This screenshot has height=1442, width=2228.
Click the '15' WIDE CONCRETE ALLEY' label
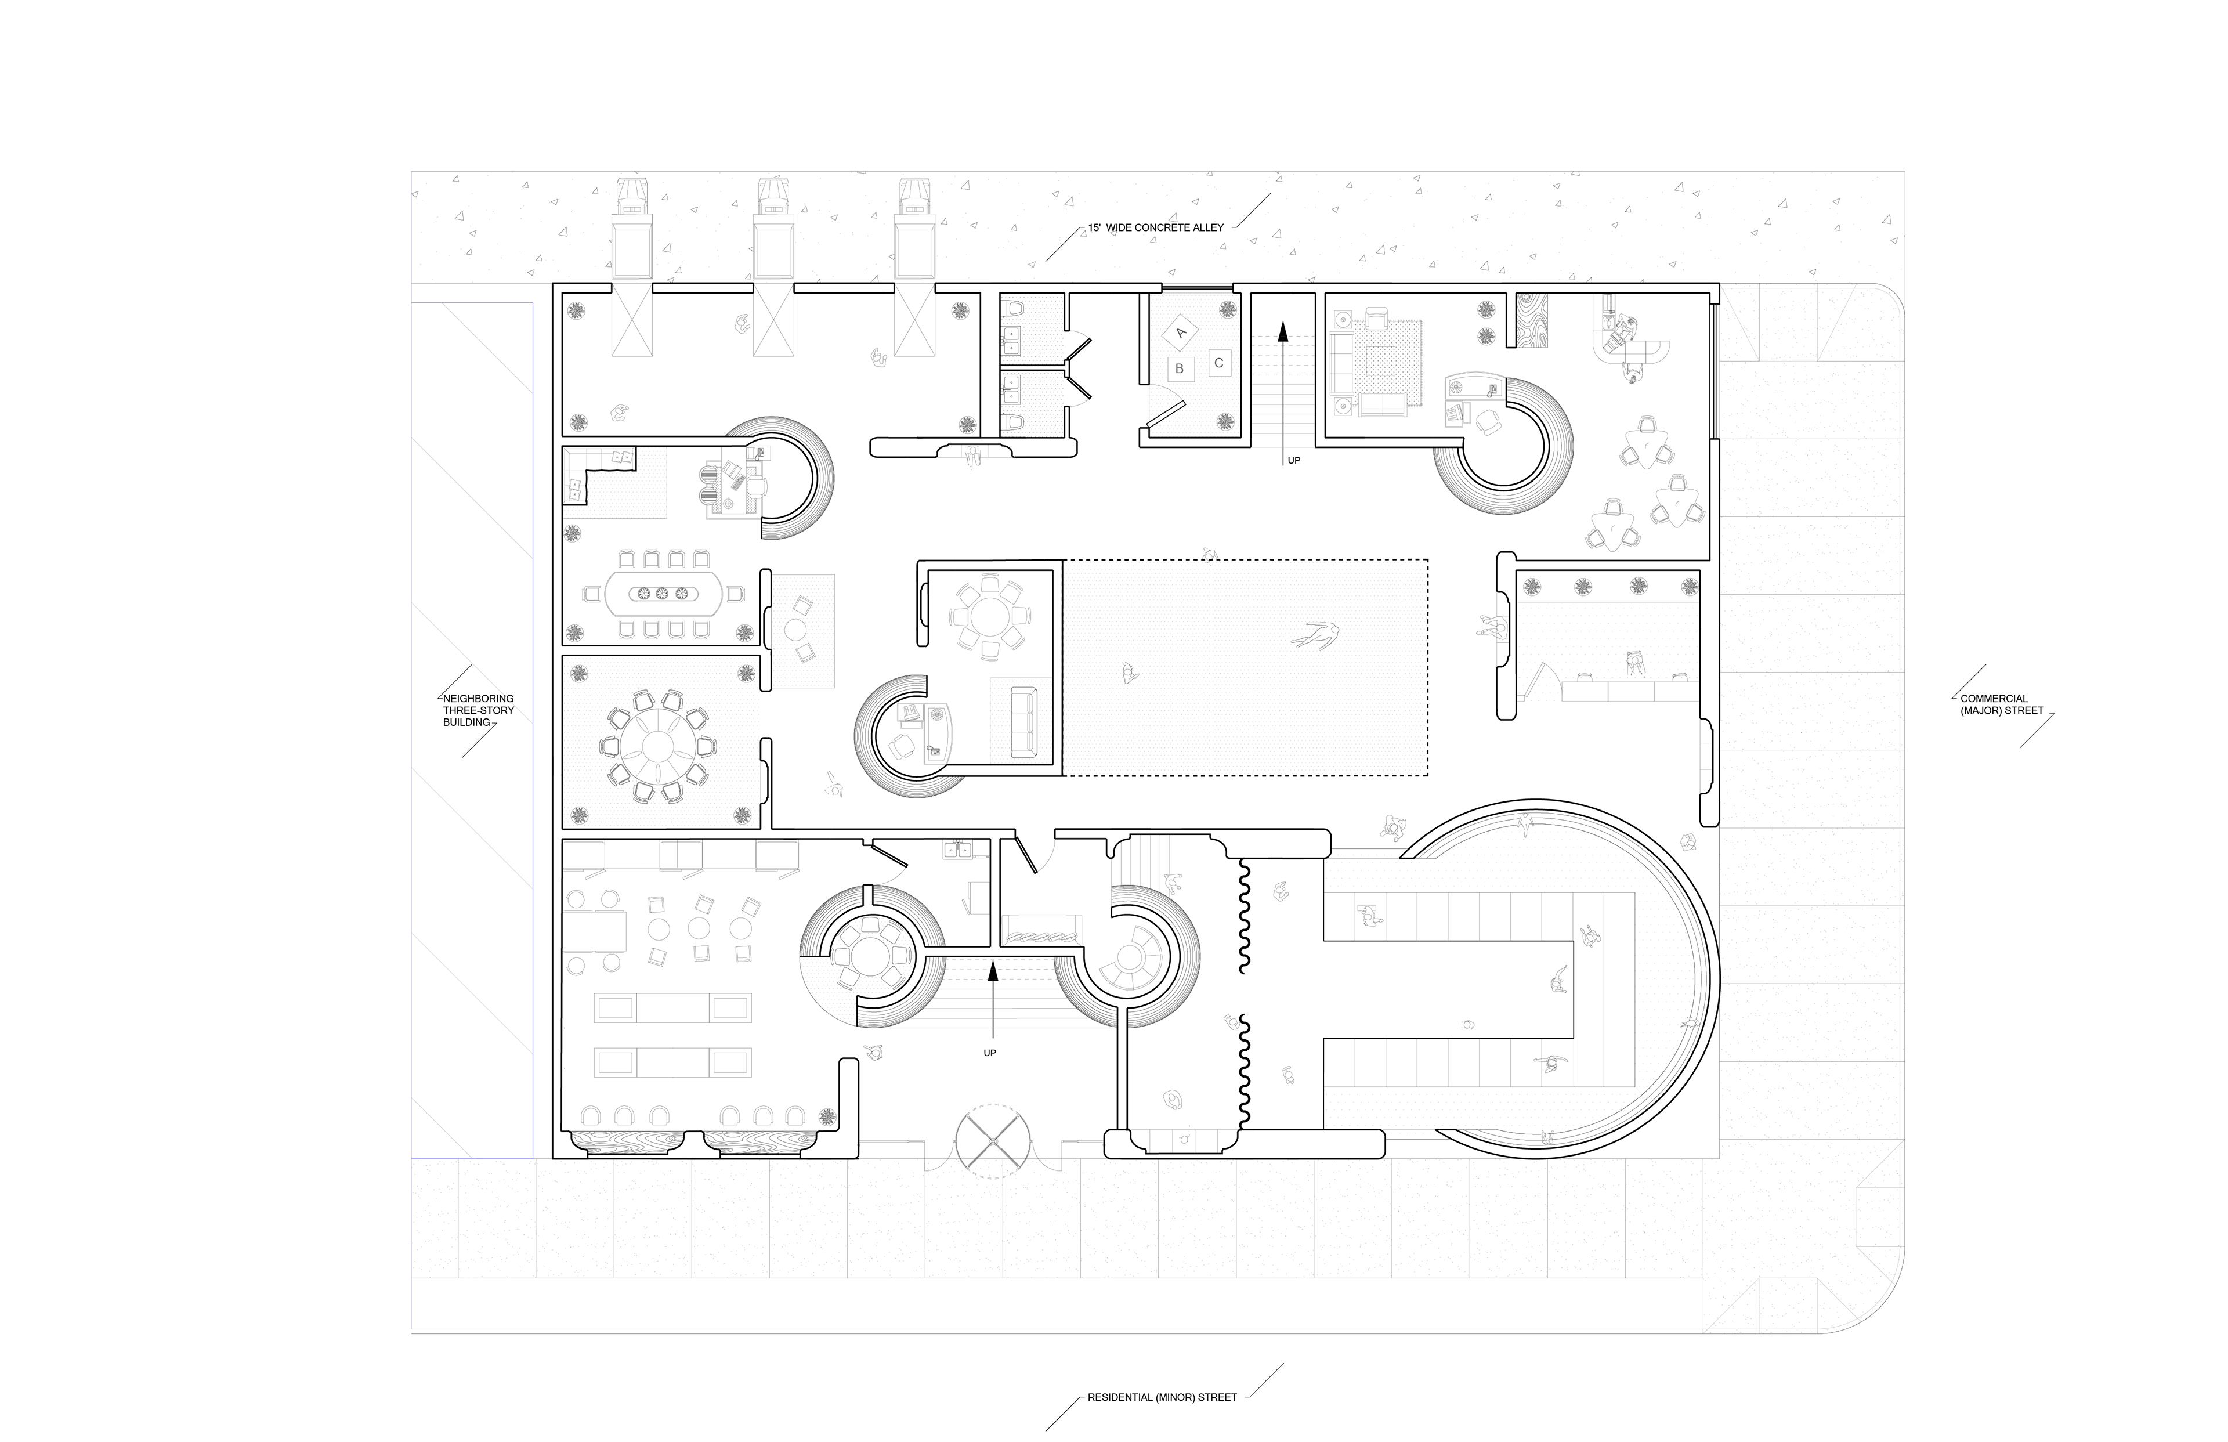coord(1155,227)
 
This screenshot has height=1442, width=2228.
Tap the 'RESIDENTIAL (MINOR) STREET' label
coord(1162,1397)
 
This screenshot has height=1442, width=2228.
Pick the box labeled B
coord(1180,369)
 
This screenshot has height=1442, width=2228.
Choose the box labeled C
coord(1219,363)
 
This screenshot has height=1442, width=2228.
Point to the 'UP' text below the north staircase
coord(1294,461)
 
